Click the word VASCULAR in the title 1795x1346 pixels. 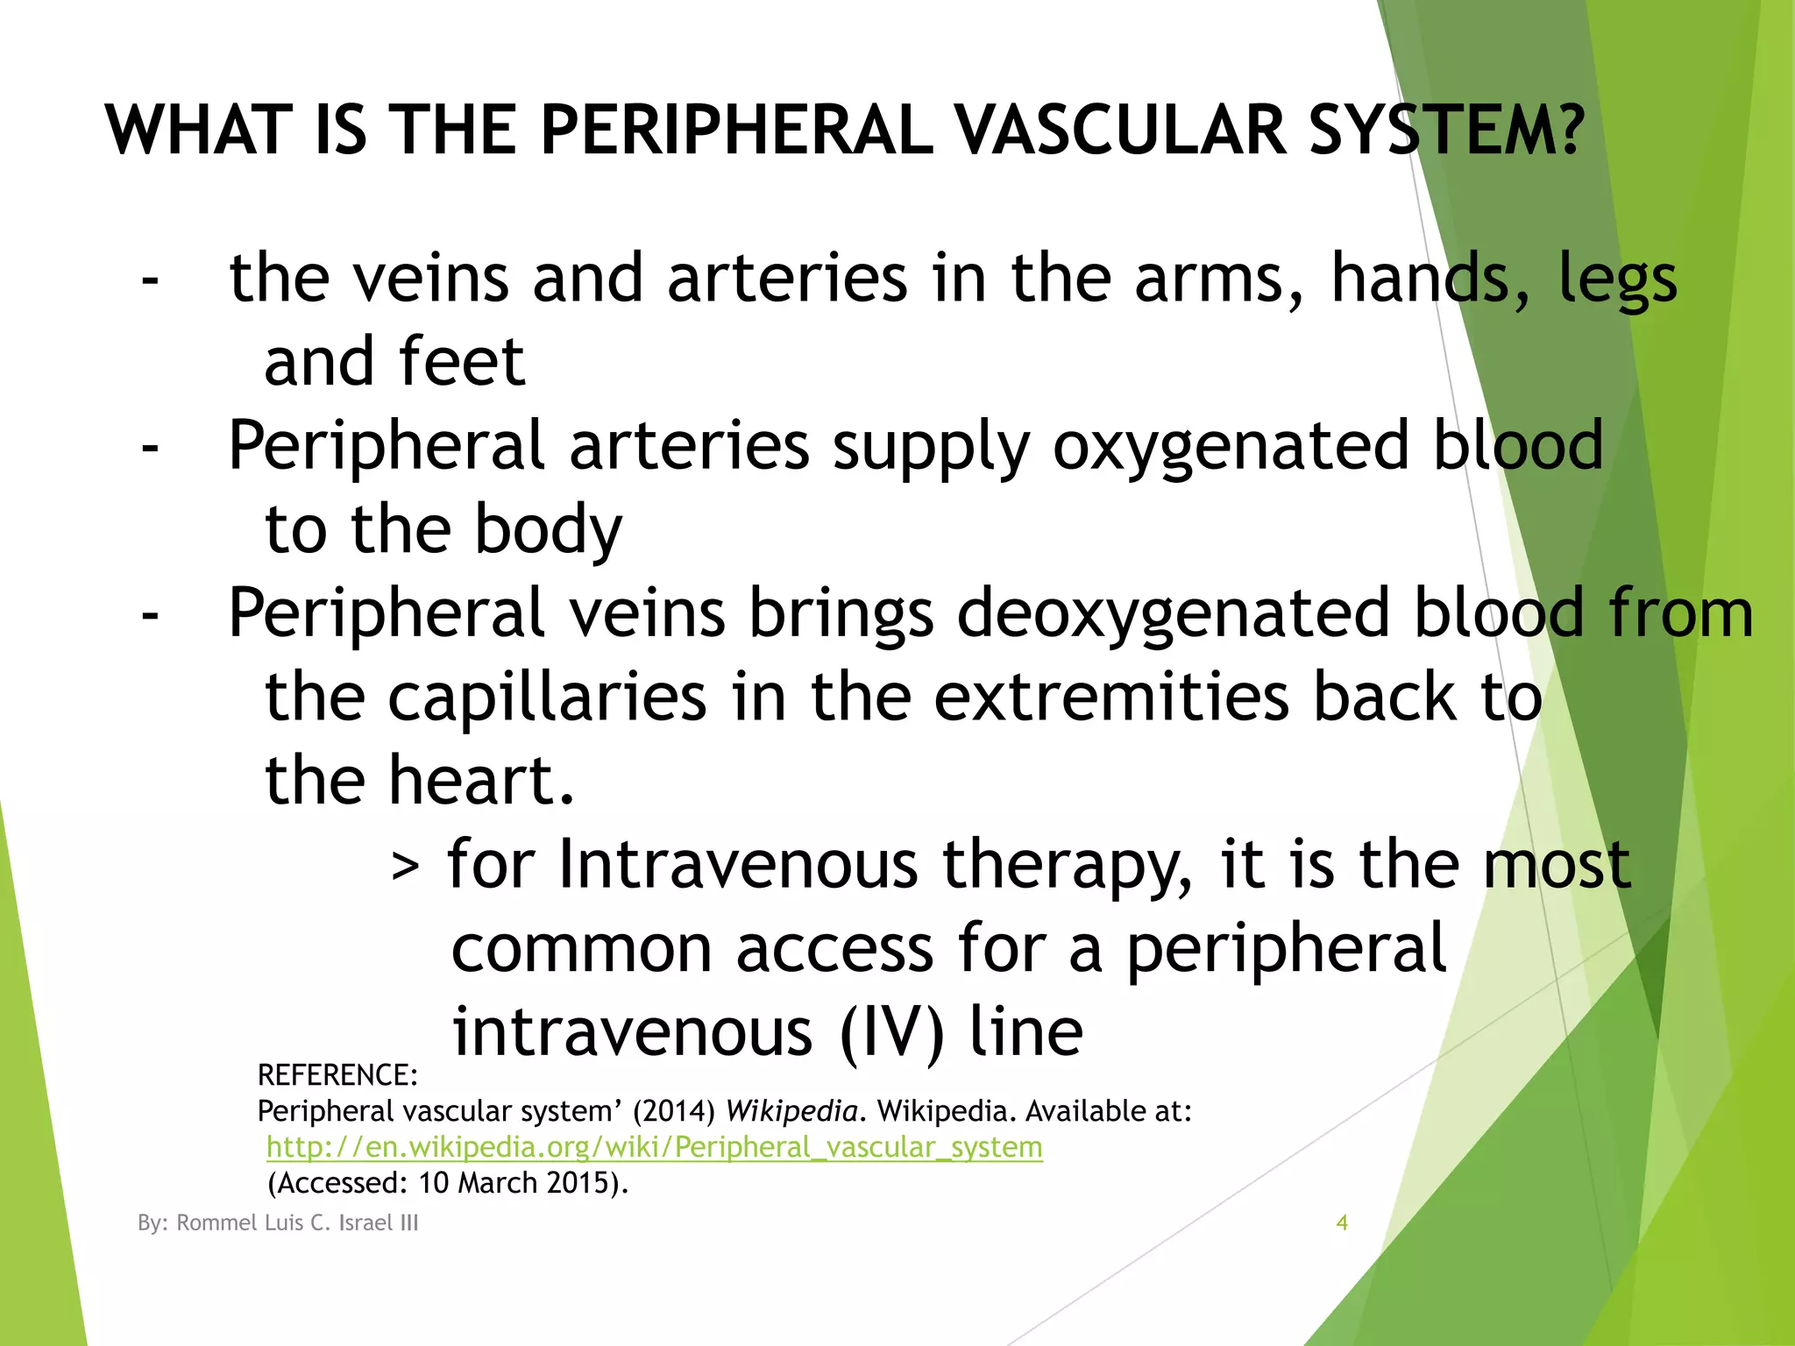(1120, 131)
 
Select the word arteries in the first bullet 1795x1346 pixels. (787, 279)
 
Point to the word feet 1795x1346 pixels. (461, 361)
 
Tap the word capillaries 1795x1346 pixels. (546, 698)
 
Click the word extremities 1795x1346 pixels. (1111, 698)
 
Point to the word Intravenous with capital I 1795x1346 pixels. (737, 865)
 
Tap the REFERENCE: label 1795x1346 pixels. (337, 1075)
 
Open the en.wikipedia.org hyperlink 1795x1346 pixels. (654, 1147)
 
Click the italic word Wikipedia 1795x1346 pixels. (791, 1111)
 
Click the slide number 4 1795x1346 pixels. (1341, 1222)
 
